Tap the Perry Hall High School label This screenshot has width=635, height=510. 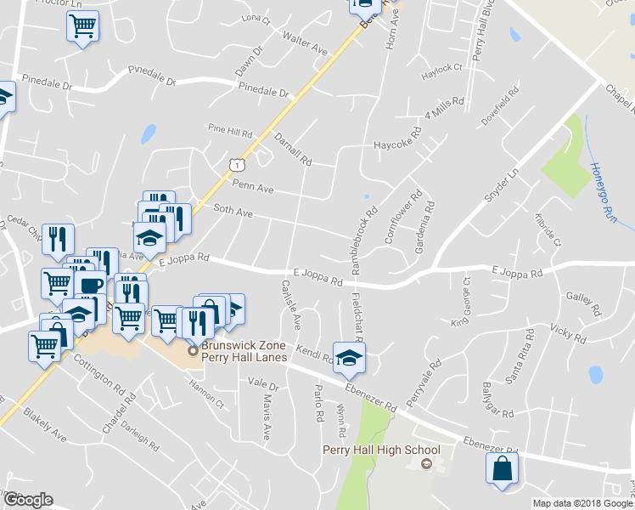point(381,450)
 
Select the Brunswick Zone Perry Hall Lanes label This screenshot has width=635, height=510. point(243,352)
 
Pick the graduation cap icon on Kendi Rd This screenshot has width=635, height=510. point(348,358)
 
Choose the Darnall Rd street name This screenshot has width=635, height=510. point(293,148)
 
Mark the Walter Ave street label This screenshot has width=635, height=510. point(305,43)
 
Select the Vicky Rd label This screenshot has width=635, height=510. point(567,332)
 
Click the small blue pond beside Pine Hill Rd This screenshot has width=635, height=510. point(149,133)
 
